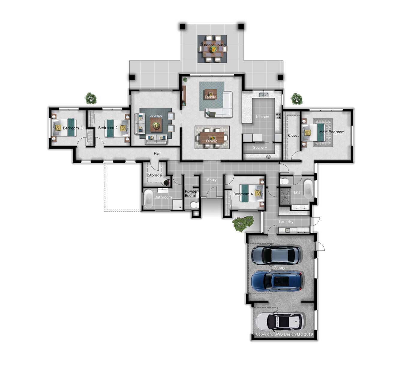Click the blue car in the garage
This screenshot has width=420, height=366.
pyautogui.click(x=277, y=281)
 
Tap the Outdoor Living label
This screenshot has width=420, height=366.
pyautogui.click(x=212, y=45)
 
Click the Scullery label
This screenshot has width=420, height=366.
pyautogui.click(x=260, y=148)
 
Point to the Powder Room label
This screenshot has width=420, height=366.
pyautogui.click(x=191, y=193)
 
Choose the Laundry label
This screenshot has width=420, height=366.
pyautogui.click(x=286, y=222)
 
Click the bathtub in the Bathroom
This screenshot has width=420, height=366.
pyautogui.click(x=148, y=198)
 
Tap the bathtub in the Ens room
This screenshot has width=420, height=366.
pyautogui.click(x=307, y=189)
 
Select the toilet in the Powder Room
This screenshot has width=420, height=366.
pyautogui.click(x=194, y=205)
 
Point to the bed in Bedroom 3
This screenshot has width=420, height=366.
pyautogui.click(x=64, y=127)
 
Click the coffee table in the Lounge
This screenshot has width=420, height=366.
pyautogui.click(x=156, y=125)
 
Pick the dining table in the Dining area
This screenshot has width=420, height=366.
pyautogui.click(x=212, y=137)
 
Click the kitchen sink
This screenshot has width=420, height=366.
pyautogui.click(x=263, y=95)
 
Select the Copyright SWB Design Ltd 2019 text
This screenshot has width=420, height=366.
pyautogui.click(x=284, y=334)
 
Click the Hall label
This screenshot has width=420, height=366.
pyautogui.click(x=157, y=153)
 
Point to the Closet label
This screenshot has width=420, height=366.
pyautogui.click(x=293, y=136)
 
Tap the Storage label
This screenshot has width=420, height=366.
pyautogui.click(x=154, y=175)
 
